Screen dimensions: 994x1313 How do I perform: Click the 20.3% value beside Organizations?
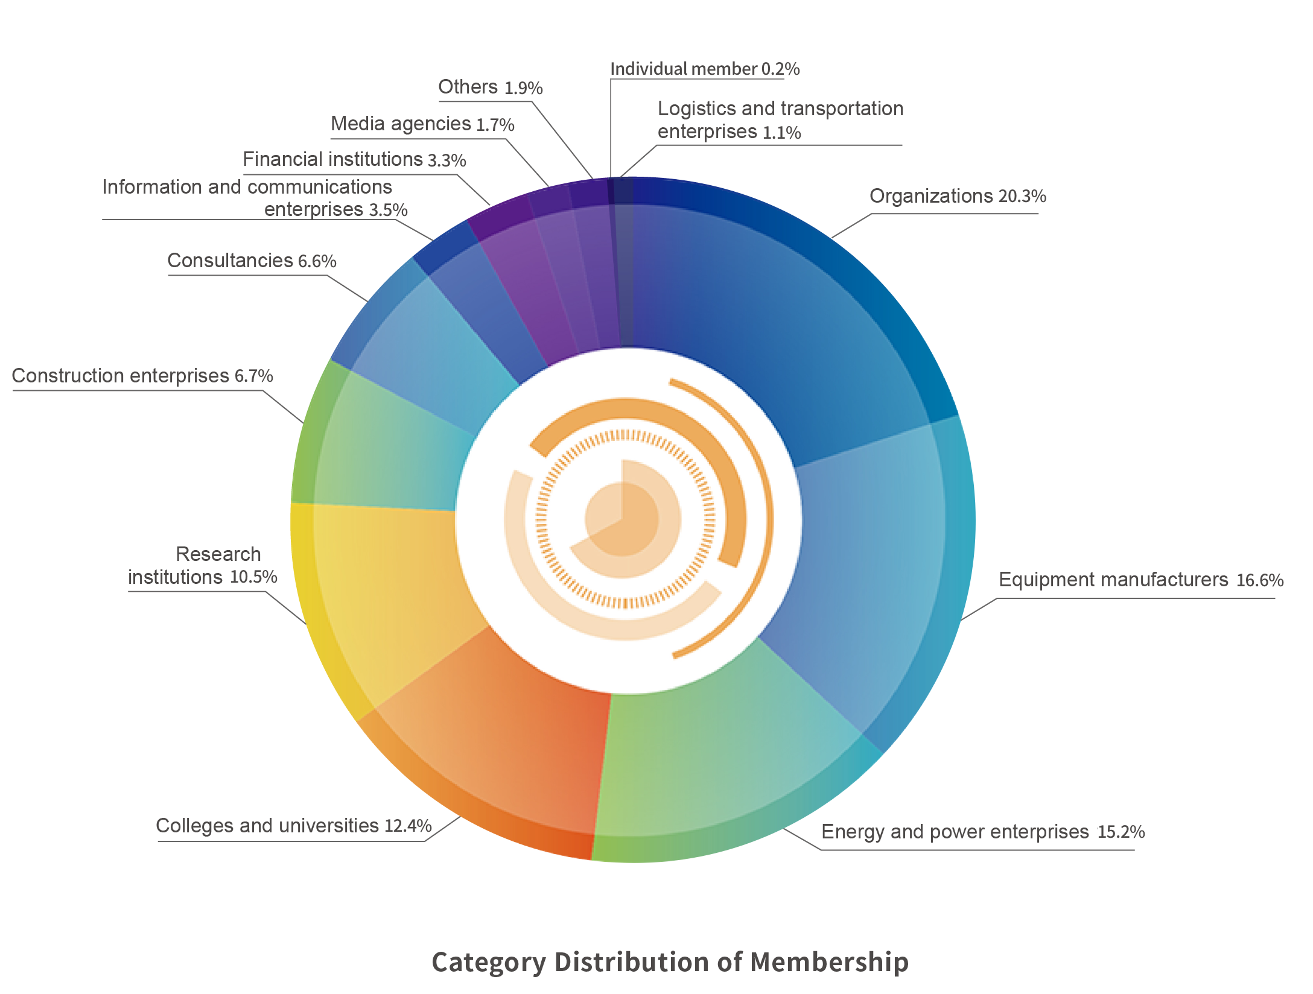(x=1022, y=197)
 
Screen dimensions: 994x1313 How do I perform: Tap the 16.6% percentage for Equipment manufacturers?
(x=1260, y=580)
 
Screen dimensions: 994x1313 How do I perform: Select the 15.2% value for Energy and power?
(x=1121, y=832)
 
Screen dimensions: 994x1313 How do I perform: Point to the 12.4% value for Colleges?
(x=408, y=826)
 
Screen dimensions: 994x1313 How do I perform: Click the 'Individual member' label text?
(x=683, y=69)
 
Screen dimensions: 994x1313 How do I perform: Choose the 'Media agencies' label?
(x=401, y=124)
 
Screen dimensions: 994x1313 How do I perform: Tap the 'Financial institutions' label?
(x=332, y=160)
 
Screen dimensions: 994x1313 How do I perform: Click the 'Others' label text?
(x=468, y=87)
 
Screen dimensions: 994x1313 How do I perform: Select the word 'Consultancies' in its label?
(x=230, y=261)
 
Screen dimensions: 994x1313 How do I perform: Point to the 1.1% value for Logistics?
(x=781, y=133)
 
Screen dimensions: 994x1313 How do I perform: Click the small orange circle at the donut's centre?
(x=622, y=519)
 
